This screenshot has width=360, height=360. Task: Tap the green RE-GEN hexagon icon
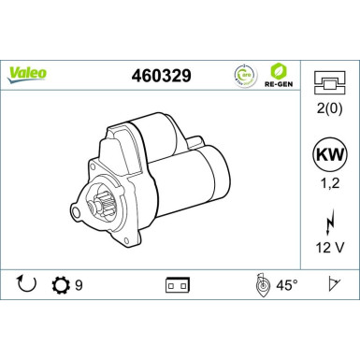coord(278,71)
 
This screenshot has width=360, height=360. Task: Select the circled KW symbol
coord(327,155)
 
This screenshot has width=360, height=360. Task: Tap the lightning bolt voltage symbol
coord(327,224)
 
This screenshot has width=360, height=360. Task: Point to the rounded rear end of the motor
coord(217,178)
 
